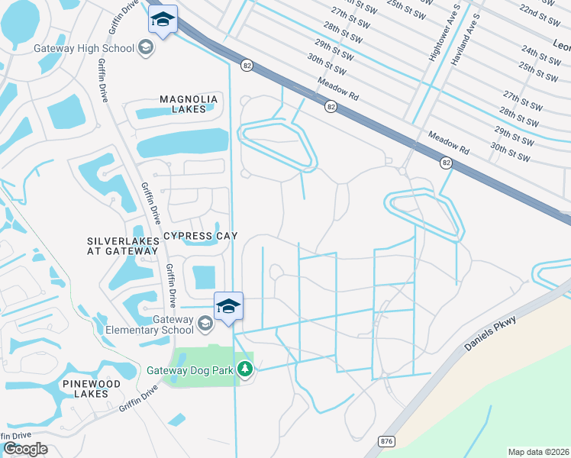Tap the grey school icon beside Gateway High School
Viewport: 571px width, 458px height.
tap(146, 49)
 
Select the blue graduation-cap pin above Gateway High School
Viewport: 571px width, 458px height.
tap(163, 20)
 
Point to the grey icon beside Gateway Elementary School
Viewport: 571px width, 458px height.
tap(205, 324)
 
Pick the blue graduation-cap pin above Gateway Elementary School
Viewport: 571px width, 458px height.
tap(228, 307)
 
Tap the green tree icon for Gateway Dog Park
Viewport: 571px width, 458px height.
tap(245, 370)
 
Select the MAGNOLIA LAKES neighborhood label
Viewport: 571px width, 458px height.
tap(189, 104)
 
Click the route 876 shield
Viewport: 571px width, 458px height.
tap(386, 441)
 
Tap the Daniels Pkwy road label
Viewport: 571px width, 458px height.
tap(489, 333)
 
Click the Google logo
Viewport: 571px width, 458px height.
tap(25, 449)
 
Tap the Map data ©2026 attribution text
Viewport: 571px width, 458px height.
tap(537, 452)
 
